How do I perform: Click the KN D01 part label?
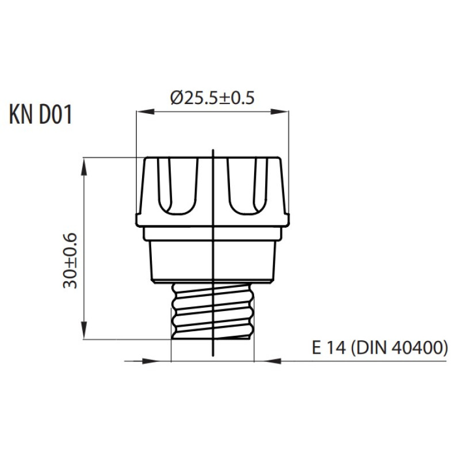[x=40, y=114]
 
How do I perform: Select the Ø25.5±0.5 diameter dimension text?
[x=212, y=98]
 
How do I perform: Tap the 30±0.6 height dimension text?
[x=70, y=261]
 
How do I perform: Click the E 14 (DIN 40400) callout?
[x=379, y=348]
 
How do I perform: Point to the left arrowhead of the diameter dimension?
[x=145, y=112]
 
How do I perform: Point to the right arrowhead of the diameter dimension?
[x=279, y=112]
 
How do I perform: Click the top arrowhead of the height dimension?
[x=84, y=167]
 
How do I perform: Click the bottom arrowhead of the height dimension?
[x=84, y=330]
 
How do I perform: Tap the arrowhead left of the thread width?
[x=151, y=361]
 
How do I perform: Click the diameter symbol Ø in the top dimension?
[x=177, y=98]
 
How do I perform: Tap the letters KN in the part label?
[x=21, y=114]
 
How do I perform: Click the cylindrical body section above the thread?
[x=213, y=260]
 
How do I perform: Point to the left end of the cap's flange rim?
[x=136, y=220]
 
